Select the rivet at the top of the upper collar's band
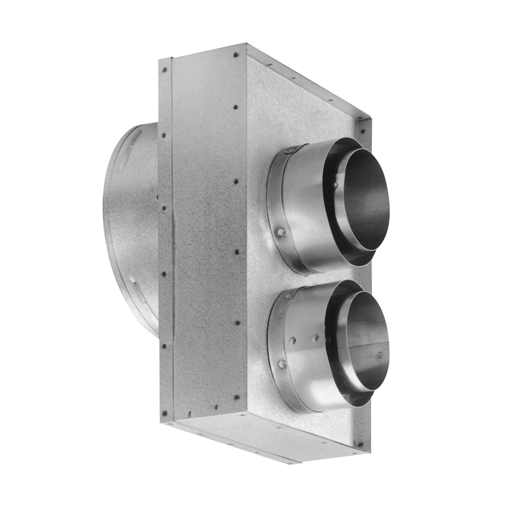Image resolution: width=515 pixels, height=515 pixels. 291,150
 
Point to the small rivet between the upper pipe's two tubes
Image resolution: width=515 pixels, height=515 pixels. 336,185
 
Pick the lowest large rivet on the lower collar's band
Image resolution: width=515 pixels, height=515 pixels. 282,364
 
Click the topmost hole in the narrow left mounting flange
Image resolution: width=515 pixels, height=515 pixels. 164,70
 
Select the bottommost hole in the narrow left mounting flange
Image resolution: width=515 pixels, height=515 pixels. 164,413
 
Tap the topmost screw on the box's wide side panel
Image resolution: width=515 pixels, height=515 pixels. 236,55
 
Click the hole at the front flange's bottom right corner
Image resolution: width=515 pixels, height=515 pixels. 360,445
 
